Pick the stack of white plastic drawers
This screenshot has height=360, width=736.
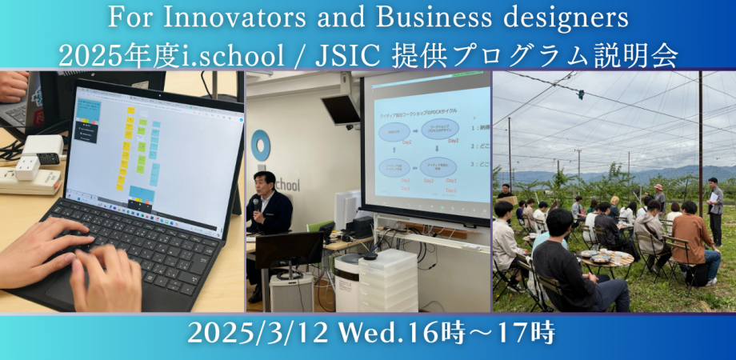click(388, 280)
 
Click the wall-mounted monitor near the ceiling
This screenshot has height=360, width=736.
click(341, 109)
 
